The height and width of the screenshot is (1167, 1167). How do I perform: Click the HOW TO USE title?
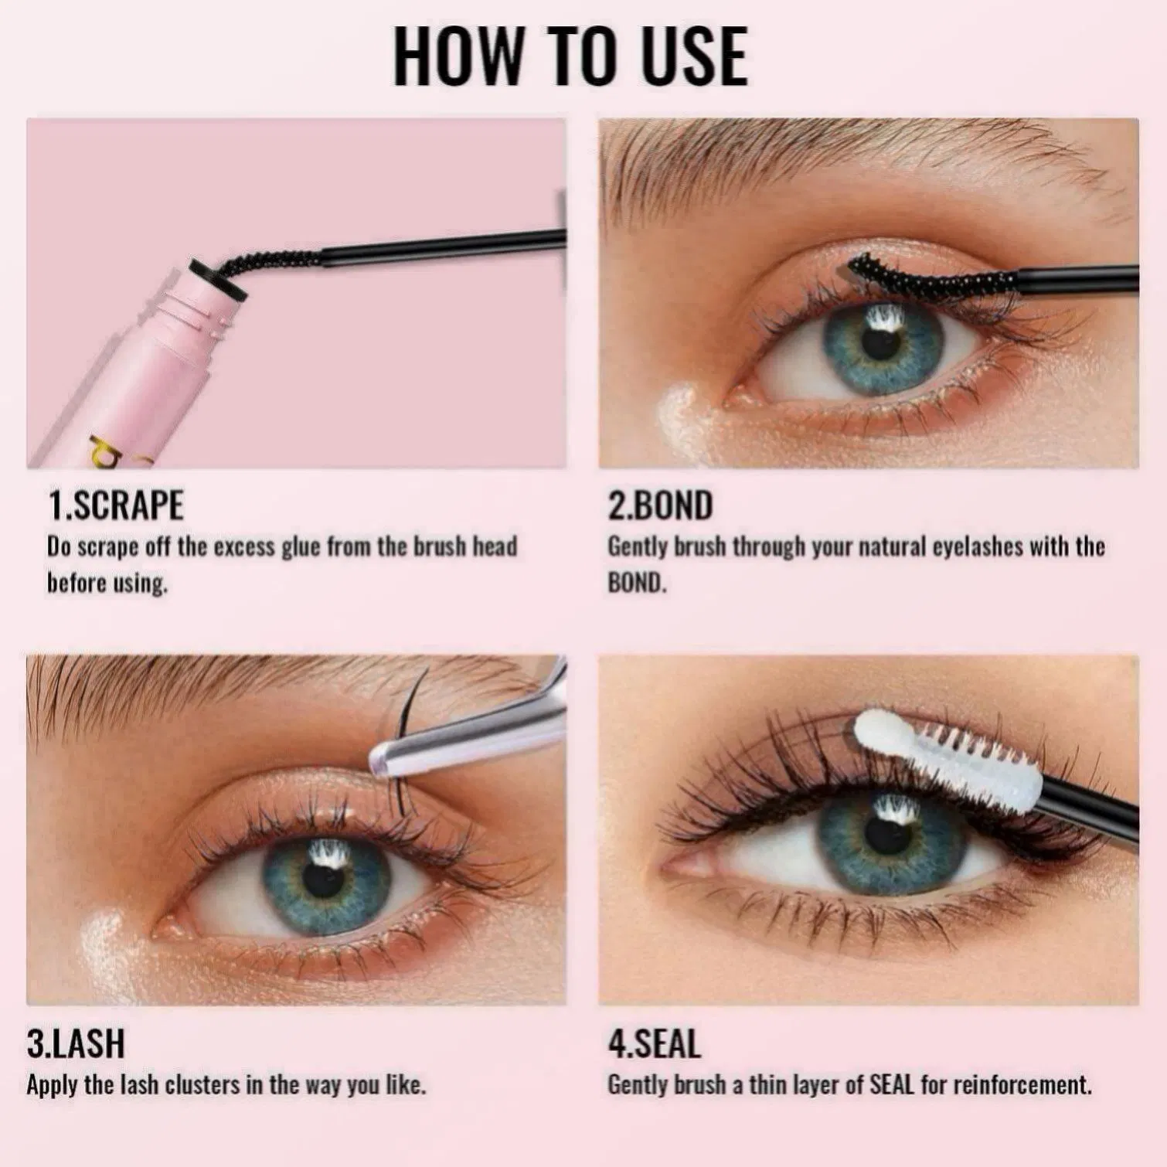coord(570,56)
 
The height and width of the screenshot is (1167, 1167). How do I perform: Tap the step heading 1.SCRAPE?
coord(116,506)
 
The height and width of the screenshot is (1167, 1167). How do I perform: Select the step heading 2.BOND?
coord(660,506)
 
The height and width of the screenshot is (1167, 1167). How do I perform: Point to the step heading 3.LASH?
coord(76,1043)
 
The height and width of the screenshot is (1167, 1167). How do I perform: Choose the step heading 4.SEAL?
coord(655,1043)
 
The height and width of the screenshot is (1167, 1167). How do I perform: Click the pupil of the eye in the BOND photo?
coord(880,344)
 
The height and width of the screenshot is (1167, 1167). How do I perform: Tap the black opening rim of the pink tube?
coord(218,281)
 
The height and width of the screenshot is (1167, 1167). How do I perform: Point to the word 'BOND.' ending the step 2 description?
coord(636,583)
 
